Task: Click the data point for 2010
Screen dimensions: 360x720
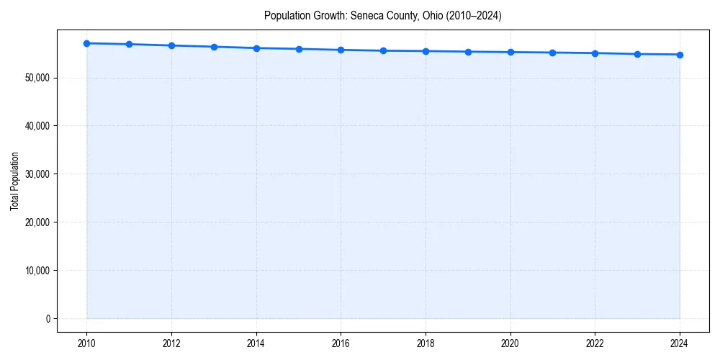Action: tap(86, 43)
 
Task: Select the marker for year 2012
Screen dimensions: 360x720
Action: tap(171, 45)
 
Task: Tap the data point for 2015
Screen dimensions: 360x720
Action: tap(299, 49)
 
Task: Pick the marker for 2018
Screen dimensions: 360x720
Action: tap(426, 51)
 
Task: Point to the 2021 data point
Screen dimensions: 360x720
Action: tap(552, 53)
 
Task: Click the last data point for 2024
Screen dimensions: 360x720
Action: tap(680, 55)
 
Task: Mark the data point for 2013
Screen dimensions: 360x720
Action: tap(214, 47)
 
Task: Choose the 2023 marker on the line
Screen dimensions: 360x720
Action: tap(637, 54)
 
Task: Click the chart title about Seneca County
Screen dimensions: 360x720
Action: tap(382, 15)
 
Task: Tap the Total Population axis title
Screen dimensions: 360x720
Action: tap(14, 181)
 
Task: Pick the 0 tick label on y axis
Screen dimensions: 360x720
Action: tap(48, 319)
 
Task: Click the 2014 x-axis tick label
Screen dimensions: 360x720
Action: tap(256, 343)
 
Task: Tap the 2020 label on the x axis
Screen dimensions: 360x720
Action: tap(510, 343)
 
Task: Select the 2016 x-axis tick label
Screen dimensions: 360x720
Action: tap(341, 343)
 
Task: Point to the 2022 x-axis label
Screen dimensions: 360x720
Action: tap(595, 343)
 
